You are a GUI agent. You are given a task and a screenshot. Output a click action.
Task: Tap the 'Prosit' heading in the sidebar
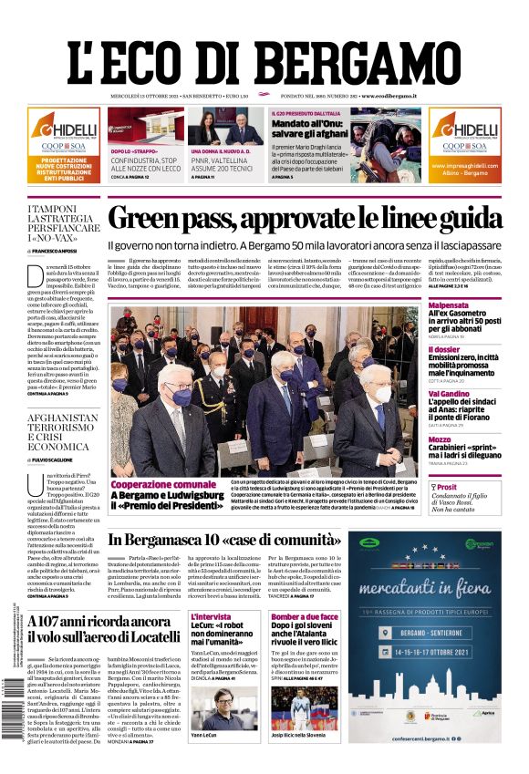tap(450, 487)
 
